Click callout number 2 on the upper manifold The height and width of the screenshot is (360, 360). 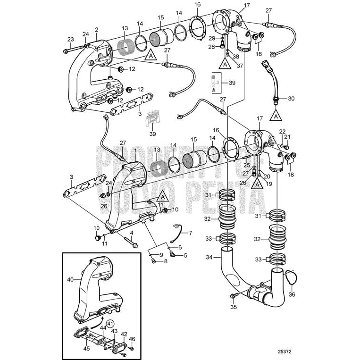[x=96, y=30]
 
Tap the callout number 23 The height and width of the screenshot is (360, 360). [x=71, y=39]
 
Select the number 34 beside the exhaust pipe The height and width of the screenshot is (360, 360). [x=209, y=257]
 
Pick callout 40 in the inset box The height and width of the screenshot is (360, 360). [x=70, y=280]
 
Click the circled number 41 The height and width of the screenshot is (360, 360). [x=109, y=324]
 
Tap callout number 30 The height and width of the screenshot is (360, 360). [x=291, y=99]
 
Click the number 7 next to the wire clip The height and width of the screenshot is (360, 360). [x=191, y=233]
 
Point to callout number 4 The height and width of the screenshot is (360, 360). [x=132, y=233]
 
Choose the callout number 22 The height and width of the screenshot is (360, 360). [x=282, y=132]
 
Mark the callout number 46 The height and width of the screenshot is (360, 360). [x=132, y=339]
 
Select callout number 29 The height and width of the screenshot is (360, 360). [x=212, y=38]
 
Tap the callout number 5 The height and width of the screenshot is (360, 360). [x=185, y=255]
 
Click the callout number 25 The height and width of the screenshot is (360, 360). [x=246, y=165]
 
